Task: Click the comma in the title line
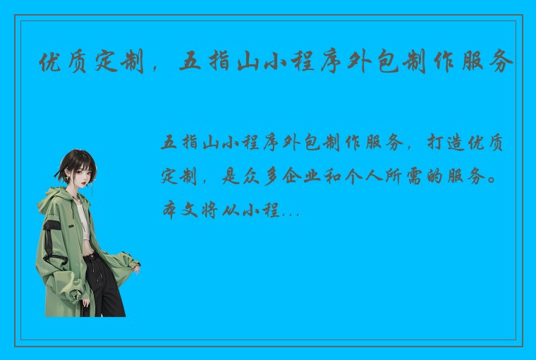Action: [158, 68]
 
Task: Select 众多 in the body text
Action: [263, 176]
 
